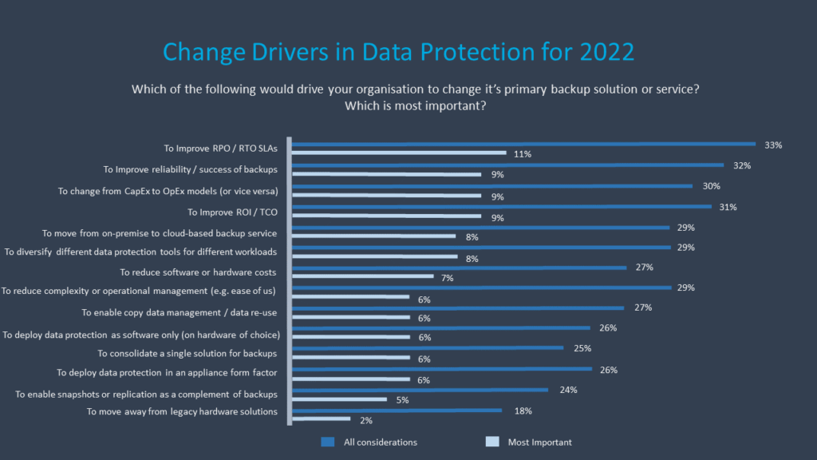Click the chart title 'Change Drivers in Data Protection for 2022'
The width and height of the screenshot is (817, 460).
coord(398,52)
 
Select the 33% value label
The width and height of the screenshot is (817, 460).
coord(773,145)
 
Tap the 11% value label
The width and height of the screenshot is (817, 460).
coord(522,153)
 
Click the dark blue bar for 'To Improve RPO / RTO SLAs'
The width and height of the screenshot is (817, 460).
coord(523,144)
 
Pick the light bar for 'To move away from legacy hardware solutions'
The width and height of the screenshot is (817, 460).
coord(322,418)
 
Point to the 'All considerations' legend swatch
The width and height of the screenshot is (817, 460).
coord(327,442)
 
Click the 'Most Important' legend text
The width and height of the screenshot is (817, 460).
coord(539,442)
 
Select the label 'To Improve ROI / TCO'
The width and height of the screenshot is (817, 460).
coord(232,212)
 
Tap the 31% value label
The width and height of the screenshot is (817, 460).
coord(727,207)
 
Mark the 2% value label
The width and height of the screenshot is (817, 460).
coord(365,420)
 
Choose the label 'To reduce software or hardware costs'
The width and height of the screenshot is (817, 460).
coord(199,272)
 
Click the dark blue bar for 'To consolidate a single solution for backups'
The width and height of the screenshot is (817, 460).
coord(428,348)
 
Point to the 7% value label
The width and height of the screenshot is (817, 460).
coord(447,277)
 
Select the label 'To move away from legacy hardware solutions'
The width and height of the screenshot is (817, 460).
coord(182,411)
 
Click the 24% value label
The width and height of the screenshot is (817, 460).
coord(568,391)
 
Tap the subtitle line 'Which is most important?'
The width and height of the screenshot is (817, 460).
coord(416,105)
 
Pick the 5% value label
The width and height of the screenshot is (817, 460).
coord(403,400)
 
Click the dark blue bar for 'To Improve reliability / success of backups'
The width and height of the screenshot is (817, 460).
coord(507,165)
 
